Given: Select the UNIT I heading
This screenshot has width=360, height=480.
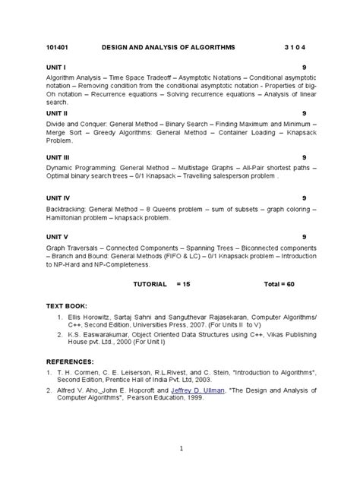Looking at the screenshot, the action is click(56, 67).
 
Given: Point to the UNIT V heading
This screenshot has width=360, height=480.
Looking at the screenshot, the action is click(58, 237).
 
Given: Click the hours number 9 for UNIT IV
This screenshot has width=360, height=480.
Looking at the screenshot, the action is click(304, 197).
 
